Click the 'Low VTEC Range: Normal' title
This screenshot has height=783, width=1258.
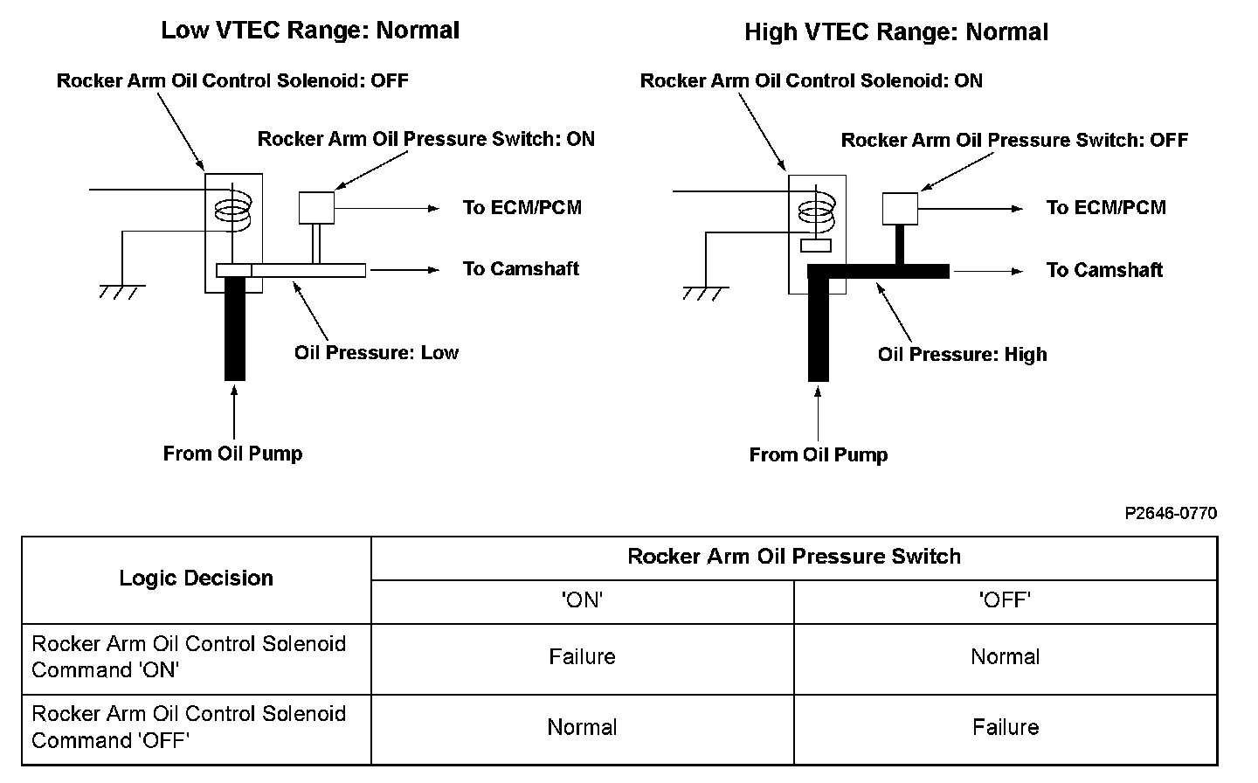[x=310, y=31]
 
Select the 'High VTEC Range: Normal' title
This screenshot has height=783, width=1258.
[x=895, y=32]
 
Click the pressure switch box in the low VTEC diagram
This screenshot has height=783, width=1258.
[x=316, y=207]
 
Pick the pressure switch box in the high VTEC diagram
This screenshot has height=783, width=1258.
[x=900, y=208]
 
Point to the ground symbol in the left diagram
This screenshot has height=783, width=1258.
[x=121, y=290]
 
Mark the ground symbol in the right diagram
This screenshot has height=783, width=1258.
[x=705, y=292]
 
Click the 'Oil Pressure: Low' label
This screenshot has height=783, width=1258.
[x=376, y=352]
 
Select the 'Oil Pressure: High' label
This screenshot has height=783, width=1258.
[x=962, y=354]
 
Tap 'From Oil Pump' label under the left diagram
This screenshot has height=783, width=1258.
[x=232, y=454]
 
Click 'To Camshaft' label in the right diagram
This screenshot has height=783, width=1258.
[x=1104, y=270]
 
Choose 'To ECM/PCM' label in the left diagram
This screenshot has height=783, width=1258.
[x=522, y=207]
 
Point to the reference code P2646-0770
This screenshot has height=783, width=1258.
[x=1170, y=513]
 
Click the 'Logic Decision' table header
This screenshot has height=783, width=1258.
[x=197, y=578]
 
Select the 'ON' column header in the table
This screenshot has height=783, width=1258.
[x=583, y=600]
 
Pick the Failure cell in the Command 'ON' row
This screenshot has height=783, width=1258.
[x=583, y=656]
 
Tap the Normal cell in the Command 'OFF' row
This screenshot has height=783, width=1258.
[x=583, y=727]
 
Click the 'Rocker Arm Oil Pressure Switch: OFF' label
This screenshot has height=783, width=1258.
[x=1014, y=140]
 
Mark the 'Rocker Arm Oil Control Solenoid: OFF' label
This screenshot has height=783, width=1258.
[x=232, y=80]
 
